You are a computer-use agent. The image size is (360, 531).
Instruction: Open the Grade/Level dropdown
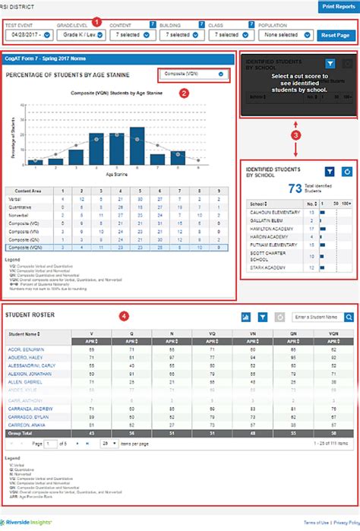(80, 34)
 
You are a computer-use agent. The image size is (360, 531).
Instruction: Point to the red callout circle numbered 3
(295, 134)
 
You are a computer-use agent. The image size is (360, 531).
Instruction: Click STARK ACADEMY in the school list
(267, 267)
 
